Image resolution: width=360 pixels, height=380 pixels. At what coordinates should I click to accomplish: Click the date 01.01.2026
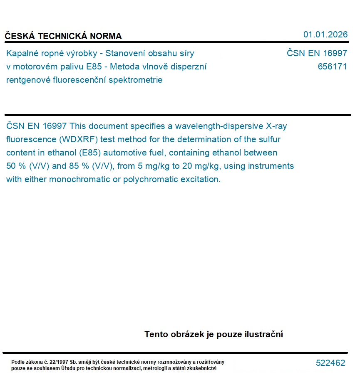(x=325, y=35)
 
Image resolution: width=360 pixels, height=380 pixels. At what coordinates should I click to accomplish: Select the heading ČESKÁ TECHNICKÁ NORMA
(x=63, y=36)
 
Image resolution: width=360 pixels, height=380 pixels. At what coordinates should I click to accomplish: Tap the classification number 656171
(x=332, y=67)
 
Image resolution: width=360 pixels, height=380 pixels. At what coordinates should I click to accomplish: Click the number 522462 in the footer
(x=330, y=363)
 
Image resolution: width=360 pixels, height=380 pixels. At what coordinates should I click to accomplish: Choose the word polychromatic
(x=154, y=179)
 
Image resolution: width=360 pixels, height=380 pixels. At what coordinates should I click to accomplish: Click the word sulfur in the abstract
(x=268, y=139)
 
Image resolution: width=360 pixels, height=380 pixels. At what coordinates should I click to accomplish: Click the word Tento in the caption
(x=156, y=334)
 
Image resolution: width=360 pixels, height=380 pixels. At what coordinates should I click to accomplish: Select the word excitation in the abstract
(x=199, y=179)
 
